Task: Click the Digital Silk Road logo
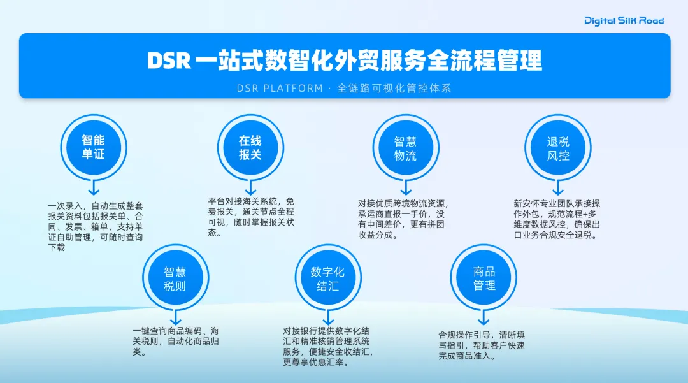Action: [x=624, y=20]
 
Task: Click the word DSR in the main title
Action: [x=169, y=61]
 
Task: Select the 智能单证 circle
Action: [x=93, y=148]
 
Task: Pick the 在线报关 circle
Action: [x=250, y=148]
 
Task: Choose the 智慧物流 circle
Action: [x=405, y=148]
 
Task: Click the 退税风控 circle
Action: [x=558, y=148]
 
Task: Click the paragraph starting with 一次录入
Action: [x=96, y=227]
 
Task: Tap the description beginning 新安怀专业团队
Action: [x=557, y=219]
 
